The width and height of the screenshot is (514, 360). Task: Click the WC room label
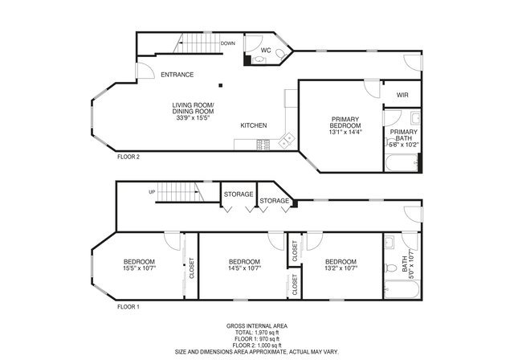pyautogui.click(x=265, y=50)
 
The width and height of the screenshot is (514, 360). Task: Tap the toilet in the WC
pyautogui.click(x=280, y=55)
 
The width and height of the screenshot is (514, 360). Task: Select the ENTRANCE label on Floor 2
pyautogui.click(x=177, y=75)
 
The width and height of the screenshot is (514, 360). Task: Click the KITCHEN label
pyautogui.click(x=254, y=125)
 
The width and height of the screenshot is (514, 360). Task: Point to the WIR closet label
pyautogui.click(x=402, y=94)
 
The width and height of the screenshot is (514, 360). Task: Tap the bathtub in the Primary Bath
pyautogui.click(x=400, y=165)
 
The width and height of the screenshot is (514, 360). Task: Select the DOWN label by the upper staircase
pyautogui.click(x=227, y=43)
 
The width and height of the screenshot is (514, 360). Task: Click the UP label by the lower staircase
pyautogui.click(x=152, y=192)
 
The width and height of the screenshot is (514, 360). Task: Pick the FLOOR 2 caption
pyautogui.click(x=128, y=157)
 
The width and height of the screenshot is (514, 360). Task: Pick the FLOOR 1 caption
pyautogui.click(x=128, y=307)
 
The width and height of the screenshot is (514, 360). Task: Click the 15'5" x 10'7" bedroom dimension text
pyautogui.click(x=139, y=269)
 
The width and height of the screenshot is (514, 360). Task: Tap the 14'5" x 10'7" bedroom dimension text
pyautogui.click(x=244, y=269)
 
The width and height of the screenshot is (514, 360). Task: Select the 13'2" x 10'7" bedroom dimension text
pyautogui.click(x=341, y=269)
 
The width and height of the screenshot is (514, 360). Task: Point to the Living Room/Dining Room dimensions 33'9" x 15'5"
pyautogui.click(x=193, y=118)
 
